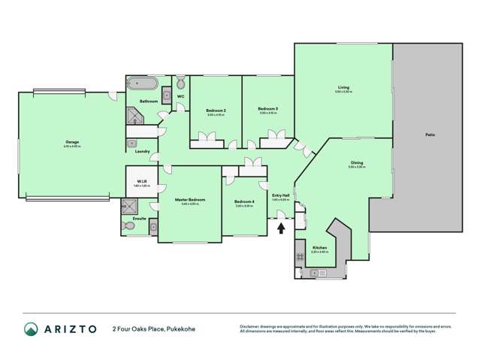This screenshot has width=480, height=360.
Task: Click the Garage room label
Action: pyautogui.click(x=72, y=142)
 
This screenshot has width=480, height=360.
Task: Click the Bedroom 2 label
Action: pyautogui.click(x=216, y=110)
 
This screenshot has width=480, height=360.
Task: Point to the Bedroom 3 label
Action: pyautogui.click(x=268, y=109)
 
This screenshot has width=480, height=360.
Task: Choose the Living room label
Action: pyautogui.click(x=343, y=88)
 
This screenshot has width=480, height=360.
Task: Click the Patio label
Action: pyautogui.click(x=430, y=135)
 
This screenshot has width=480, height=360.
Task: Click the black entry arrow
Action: pyautogui.click(x=281, y=228)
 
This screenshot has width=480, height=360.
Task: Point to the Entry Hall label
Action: pyautogui.click(x=281, y=196)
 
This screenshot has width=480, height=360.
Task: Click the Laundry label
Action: pyautogui.click(x=141, y=152)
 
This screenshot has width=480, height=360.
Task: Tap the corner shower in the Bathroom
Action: pyautogui.click(x=134, y=116)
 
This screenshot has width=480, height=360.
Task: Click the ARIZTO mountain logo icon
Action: pyautogui.click(x=31, y=328)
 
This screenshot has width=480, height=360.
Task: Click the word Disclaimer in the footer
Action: pyautogui.click(x=252, y=325)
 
